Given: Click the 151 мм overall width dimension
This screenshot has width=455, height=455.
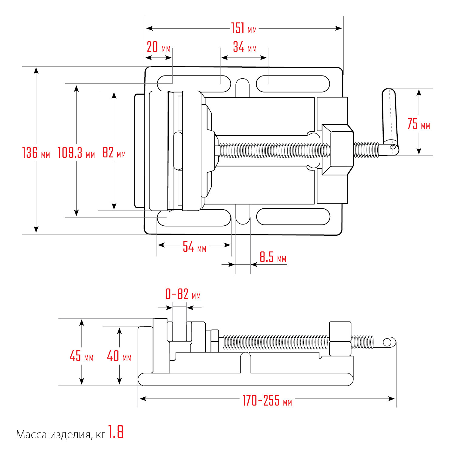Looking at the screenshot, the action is tap(244, 28).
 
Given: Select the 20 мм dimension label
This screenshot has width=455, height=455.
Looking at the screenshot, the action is tap(159, 47).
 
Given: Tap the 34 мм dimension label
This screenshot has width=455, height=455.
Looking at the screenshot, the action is tap(245, 47).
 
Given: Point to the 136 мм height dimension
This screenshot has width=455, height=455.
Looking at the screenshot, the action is tap(36, 152).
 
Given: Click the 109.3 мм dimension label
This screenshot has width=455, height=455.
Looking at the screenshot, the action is tap(76, 152).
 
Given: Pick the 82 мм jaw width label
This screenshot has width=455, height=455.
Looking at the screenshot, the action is tap(114, 152).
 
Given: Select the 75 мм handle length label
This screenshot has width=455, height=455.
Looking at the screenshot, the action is tap(419, 124).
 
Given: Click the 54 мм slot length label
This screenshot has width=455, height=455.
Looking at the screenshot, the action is tap(194, 247).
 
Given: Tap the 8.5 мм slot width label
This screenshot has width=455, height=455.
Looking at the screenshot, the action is tap(273, 257).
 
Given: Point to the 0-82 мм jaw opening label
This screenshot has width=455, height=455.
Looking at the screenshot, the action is tap(183, 294).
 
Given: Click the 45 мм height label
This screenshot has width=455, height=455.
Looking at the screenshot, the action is tap(82, 356).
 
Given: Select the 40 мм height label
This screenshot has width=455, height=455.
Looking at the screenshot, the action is tap(119, 356).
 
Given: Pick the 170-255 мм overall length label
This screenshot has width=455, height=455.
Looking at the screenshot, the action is tap(267, 401).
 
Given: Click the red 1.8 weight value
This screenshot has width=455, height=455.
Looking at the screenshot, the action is tap(116, 432).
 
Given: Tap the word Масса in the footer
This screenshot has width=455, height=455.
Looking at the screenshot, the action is tap(32, 435).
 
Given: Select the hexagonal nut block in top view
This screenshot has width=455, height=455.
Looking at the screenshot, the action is tap(338, 150).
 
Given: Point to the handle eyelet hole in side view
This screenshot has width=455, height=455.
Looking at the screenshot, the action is tap(387, 342).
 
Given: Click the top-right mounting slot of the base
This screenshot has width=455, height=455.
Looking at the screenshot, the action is tap(293, 84).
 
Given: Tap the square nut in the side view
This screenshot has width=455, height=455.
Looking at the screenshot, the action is tap(340, 339).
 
